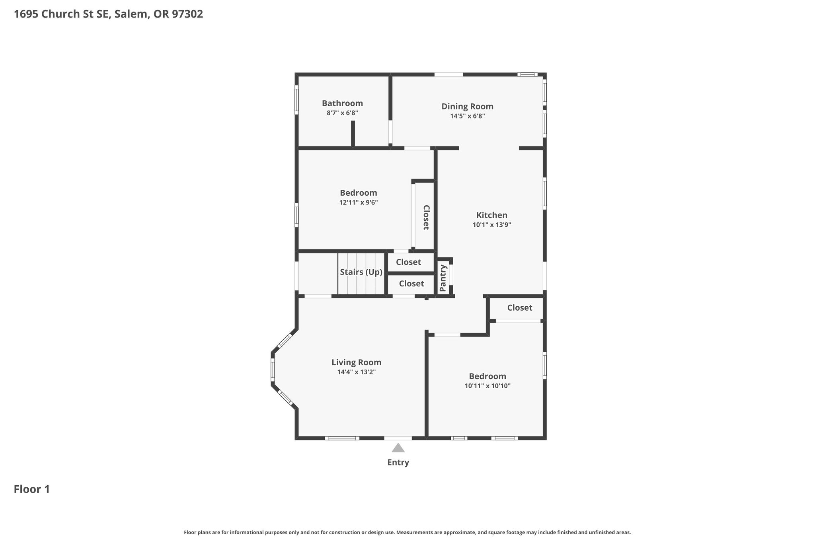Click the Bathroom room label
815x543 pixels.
coord(342,103)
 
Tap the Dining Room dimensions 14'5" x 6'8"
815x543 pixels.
coord(467,116)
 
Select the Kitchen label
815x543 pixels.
coord(492,215)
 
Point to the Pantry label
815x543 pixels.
coord(443,278)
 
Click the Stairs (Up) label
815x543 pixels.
coord(361,272)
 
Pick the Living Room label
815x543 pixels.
coord(357,362)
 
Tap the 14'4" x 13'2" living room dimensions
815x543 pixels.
coord(357,372)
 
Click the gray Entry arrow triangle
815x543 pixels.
coord(398,448)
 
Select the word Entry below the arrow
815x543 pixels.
coord(398,462)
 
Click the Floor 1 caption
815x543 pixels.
coord(32,489)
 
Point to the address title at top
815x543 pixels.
coord(108,14)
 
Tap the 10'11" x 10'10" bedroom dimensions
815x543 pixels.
coord(487,386)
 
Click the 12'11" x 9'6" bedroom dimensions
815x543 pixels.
coord(359,202)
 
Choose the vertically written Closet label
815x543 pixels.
coord(426,218)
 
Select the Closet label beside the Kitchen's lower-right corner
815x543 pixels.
coord(520,308)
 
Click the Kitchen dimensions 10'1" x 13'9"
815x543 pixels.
coord(492,225)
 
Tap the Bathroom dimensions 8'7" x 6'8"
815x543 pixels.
coord(342,113)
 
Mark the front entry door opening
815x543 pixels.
coord(398,438)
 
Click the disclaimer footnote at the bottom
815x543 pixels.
coord(407,532)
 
